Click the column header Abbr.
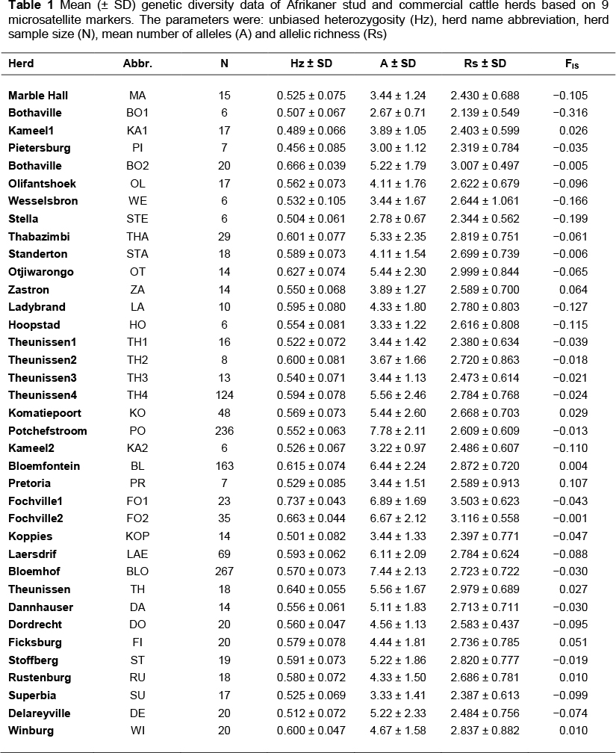[137, 63]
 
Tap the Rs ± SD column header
[485, 63]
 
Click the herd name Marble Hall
[36, 95]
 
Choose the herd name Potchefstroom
[48, 430]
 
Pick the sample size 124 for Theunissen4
[224, 395]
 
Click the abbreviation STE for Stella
[137, 219]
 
